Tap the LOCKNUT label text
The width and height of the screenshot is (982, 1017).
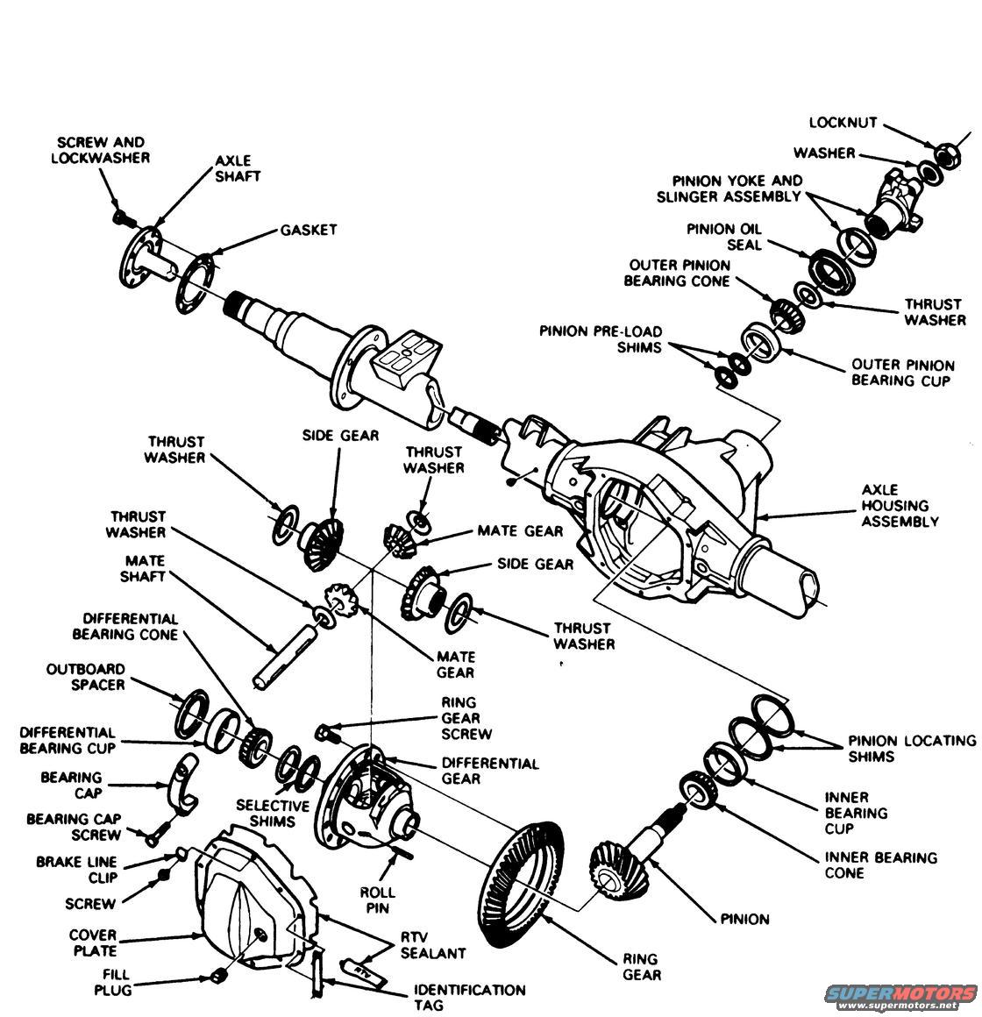843,124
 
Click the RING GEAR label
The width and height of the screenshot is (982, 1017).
641,966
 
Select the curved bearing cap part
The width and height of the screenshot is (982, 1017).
180,782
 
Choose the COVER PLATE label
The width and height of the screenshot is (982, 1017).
93,942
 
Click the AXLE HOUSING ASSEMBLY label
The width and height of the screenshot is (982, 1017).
899,505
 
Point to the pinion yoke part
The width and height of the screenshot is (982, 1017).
899,206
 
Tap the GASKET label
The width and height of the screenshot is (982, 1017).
308,230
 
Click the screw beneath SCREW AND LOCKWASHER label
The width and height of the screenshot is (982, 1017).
120,214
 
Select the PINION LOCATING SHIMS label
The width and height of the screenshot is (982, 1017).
910,748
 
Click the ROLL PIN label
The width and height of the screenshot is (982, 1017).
378,900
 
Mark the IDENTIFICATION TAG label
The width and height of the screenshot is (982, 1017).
469,998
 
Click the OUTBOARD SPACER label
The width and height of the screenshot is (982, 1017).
86,676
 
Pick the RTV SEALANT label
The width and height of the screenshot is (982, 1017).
433,944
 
